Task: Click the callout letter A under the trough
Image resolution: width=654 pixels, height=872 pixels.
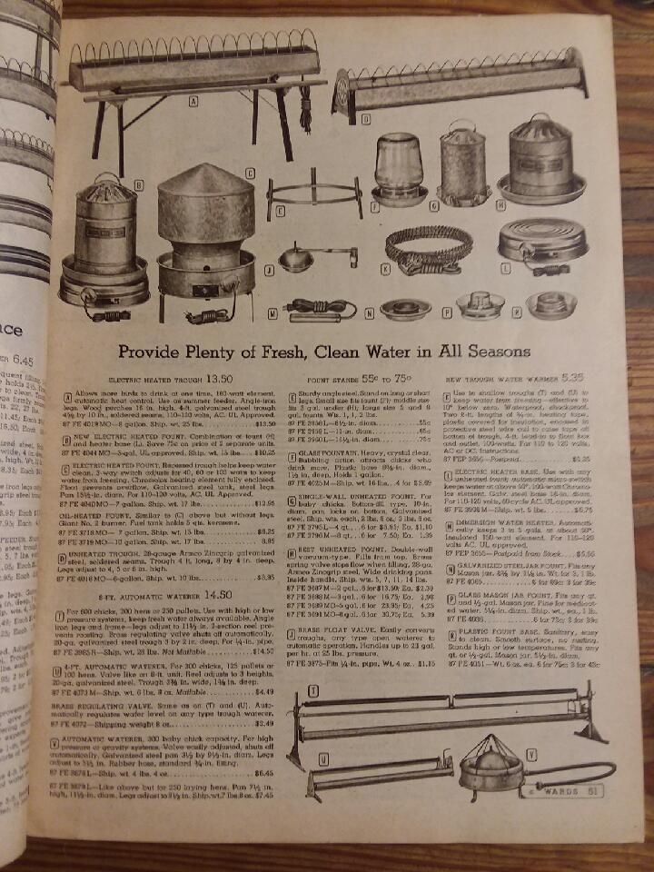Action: [193, 104]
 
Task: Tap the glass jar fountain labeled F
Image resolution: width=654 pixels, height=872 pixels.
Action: [399, 168]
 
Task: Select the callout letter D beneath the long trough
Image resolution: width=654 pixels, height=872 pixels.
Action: [364, 118]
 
